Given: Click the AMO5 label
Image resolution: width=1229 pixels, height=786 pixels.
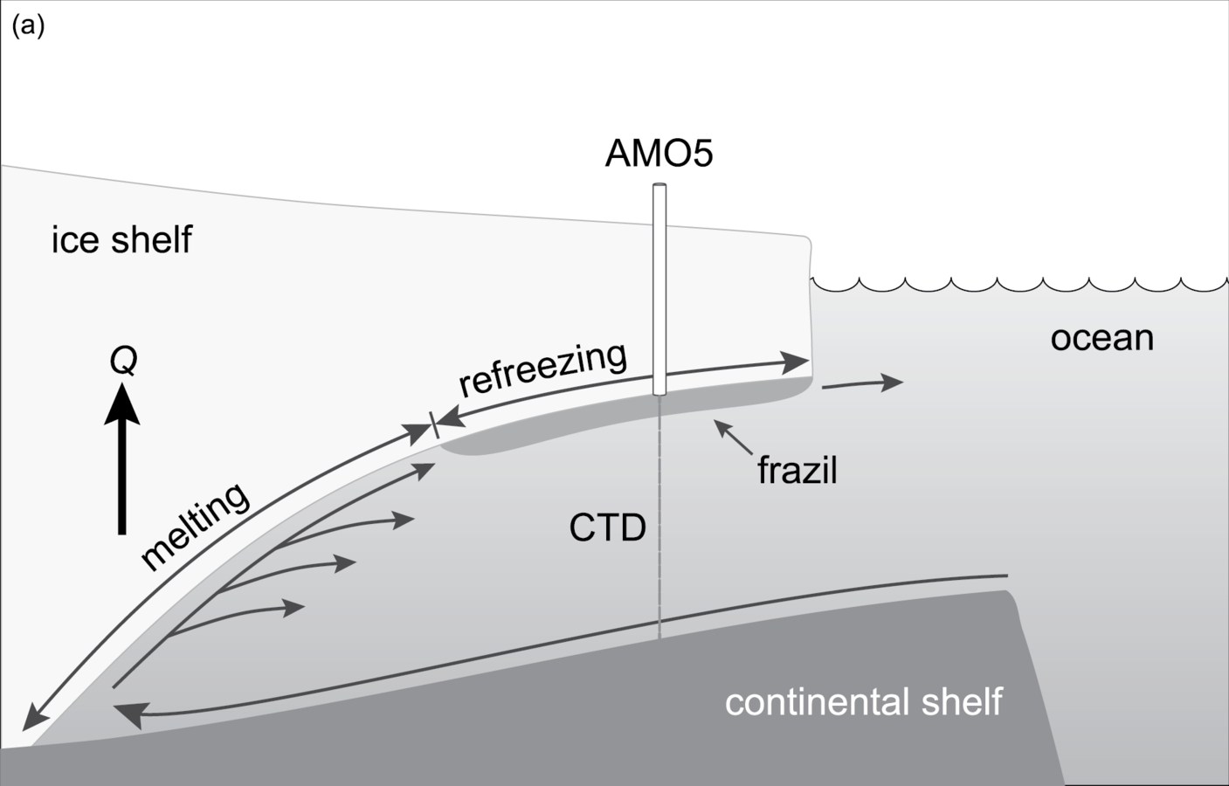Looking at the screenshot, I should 659,155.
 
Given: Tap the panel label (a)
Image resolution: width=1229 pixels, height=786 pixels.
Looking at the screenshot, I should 28,26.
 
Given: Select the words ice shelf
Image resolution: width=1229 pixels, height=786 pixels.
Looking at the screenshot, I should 121,239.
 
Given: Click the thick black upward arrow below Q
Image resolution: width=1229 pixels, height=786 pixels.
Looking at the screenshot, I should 122,463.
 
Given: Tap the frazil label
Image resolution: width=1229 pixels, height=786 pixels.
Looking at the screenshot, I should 797,471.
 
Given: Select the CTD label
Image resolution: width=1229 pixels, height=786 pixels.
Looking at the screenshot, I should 607,528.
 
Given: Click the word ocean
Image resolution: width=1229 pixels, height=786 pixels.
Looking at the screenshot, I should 1101,338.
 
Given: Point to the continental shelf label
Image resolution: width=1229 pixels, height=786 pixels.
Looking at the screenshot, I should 864,702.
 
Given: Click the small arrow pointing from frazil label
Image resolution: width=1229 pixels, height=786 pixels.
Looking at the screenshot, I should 733,438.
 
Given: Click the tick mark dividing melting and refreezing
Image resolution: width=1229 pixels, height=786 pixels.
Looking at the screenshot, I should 432,427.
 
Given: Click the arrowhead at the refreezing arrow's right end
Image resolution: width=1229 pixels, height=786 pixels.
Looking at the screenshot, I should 797,361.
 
